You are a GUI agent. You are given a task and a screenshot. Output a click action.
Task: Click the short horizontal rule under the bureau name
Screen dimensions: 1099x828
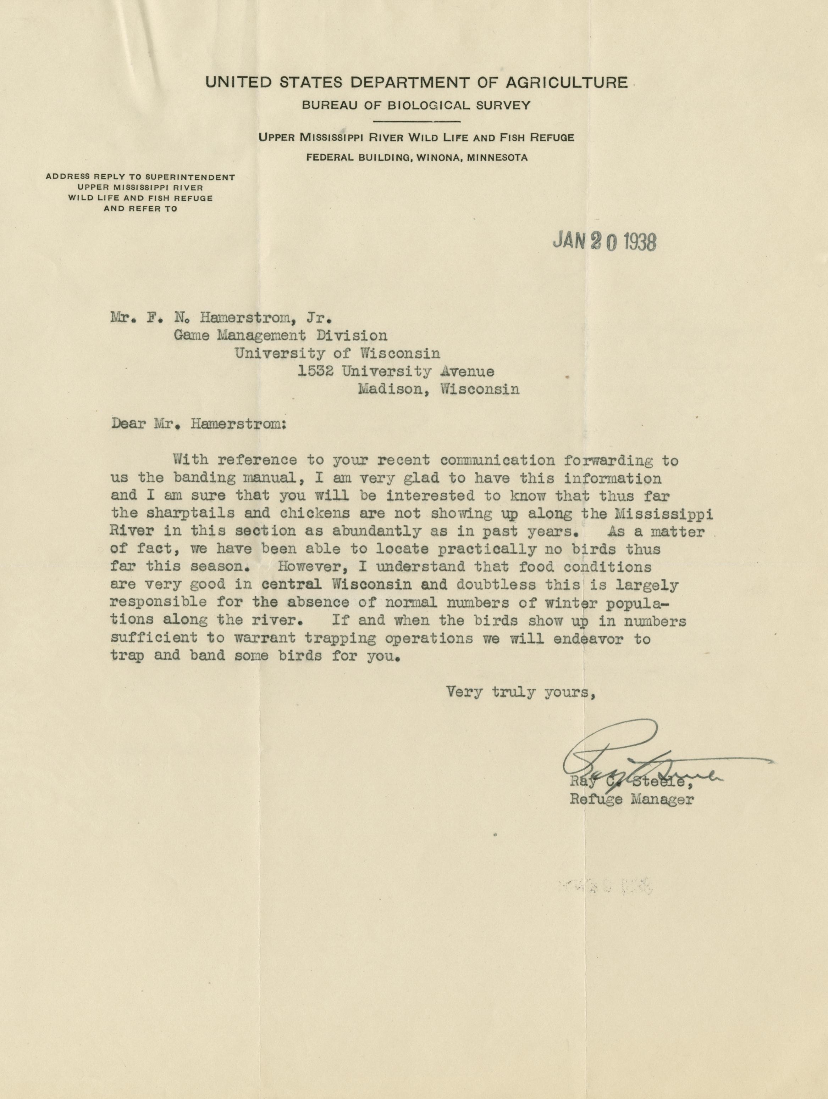point(416,121)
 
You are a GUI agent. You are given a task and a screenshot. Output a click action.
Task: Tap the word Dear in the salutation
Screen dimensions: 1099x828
point(128,425)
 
